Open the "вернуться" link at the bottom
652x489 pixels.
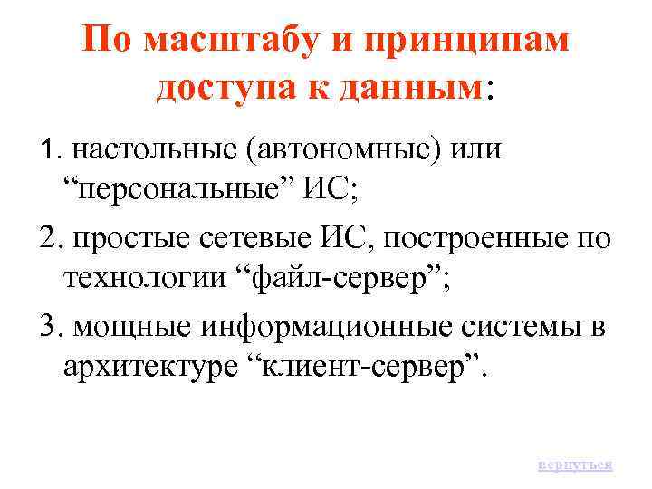click(574, 464)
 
